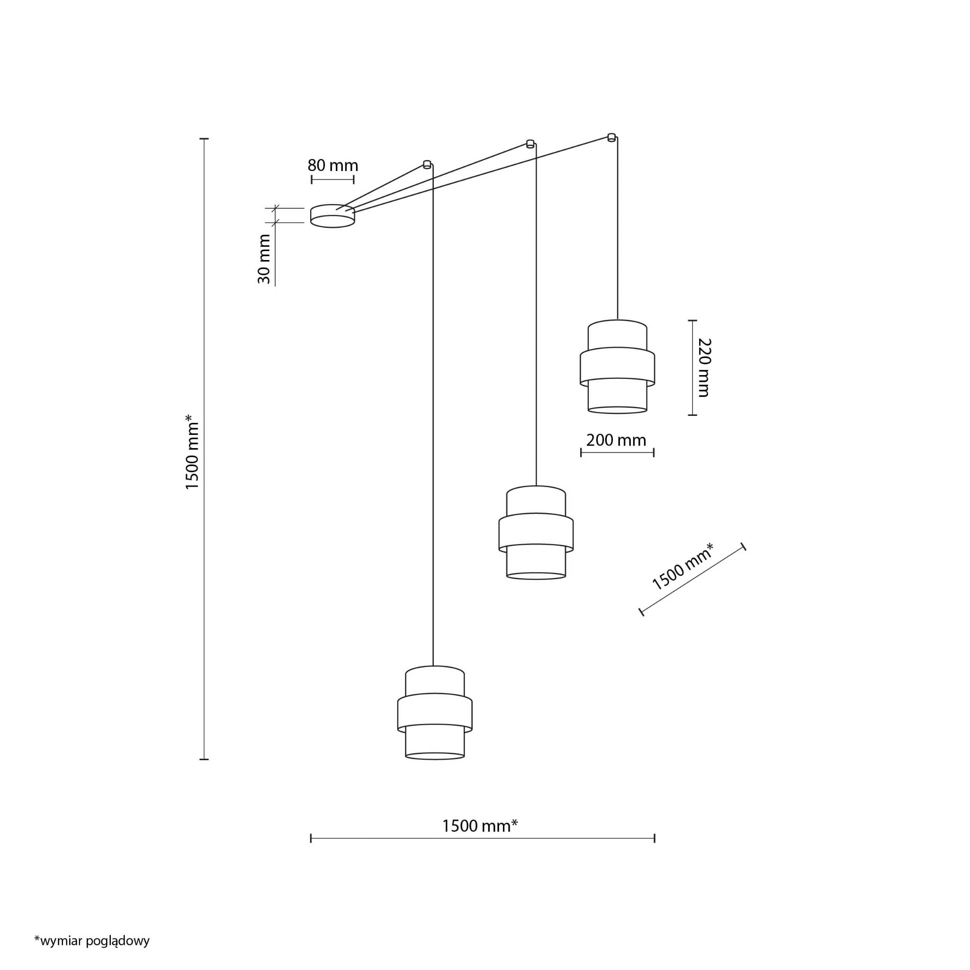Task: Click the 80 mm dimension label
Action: (x=333, y=165)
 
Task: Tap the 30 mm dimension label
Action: (x=264, y=259)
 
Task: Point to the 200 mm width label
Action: (x=616, y=440)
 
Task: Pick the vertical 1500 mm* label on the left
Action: (x=192, y=452)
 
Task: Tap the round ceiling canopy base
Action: (x=332, y=216)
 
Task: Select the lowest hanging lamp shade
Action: (x=435, y=712)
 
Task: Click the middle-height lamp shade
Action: (x=536, y=533)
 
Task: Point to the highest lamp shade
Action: (x=618, y=367)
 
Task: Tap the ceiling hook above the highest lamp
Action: (x=611, y=136)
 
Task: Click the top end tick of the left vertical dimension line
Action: (x=204, y=139)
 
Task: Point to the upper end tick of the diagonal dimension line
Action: (x=744, y=547)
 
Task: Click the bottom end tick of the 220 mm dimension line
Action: (x=692, y=415)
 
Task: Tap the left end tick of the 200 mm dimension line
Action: (x=581, y=453)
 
